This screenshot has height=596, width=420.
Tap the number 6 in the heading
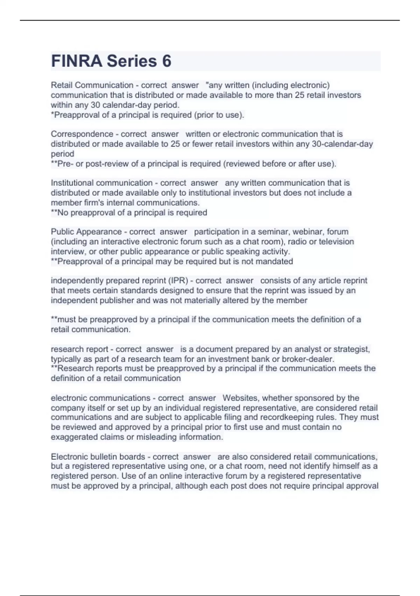[167, 61]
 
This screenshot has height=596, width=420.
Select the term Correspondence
[82, 134]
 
